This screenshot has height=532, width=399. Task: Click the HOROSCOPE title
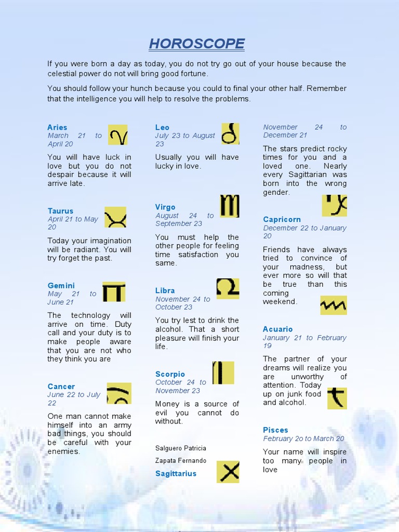point(196,44)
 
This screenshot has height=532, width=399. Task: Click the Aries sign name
point(57,127)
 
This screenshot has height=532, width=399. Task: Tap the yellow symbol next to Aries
point(118,135)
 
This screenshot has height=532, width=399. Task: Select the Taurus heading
point(60,211)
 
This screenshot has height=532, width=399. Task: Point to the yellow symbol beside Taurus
point(115,217)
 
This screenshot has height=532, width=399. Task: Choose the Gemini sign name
point(61,286)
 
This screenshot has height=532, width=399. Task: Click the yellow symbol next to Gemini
point(114,292)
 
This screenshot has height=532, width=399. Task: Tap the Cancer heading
point(61,387)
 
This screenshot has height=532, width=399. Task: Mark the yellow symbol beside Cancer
point(119,393)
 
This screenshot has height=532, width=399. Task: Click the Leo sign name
point(162,127)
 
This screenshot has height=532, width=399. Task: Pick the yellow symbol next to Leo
point(230,134)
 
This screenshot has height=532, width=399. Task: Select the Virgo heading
point(165,207)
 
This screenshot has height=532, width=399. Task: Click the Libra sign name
point(165,290)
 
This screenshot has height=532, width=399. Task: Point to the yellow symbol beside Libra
point(228,289)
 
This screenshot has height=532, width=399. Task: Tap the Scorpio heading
point(170,374)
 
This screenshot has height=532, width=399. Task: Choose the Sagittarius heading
point(176,473)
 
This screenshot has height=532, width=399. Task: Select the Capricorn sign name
point(282,219)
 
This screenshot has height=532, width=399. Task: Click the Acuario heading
point(277,329)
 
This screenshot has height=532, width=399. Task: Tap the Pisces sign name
point(275,430)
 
